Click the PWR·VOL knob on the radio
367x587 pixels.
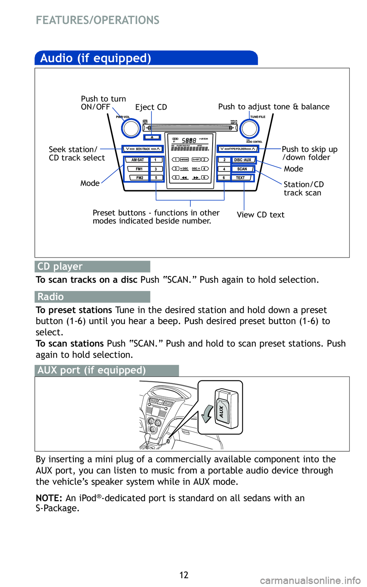point(131,128)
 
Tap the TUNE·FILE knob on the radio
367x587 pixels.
point(250,128)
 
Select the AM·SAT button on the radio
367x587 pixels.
point(138,160)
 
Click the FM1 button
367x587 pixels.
point(139,169)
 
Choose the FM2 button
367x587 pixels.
point(140,178)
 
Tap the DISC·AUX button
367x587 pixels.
point(243,160)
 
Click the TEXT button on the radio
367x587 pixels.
point(240,178)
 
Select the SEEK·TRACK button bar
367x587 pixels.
point(143,149)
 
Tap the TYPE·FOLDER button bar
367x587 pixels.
point(237,149)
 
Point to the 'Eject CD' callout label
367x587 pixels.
point(151,107)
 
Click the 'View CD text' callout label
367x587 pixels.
point(260,215)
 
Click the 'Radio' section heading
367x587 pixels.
point(50,297)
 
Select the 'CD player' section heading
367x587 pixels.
point(60,266)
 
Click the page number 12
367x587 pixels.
point(184,575)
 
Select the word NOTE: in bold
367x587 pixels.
point(49,498)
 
